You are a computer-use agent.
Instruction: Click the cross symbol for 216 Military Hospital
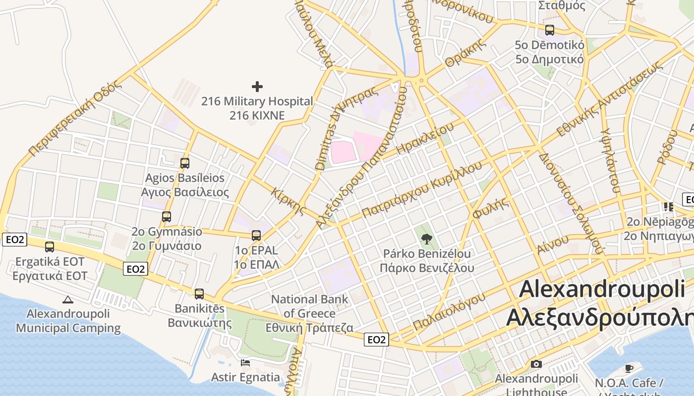point(257,87)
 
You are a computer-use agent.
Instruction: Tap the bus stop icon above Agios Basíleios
point(184,163)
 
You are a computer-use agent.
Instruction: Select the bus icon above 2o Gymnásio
point(167,216)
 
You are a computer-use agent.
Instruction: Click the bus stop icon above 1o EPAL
point(256,235)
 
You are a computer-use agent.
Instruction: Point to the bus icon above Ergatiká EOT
point(50,247)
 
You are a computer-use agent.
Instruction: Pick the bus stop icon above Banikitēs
point(199,294)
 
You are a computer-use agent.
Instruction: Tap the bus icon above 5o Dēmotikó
point(549,30)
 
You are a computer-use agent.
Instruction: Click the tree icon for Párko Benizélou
point(426,239)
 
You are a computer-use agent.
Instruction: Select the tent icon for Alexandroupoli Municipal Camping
point(68,299)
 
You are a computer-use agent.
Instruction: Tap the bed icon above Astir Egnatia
point(245,362)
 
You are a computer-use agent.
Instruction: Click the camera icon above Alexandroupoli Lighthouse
point(536,364)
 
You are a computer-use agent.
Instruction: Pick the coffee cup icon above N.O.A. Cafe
point(629,368)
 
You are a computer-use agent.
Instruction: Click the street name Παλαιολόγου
point(449,311)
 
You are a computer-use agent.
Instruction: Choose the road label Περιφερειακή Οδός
point(74,119)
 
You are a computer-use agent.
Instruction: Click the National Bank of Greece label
point(309,313)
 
